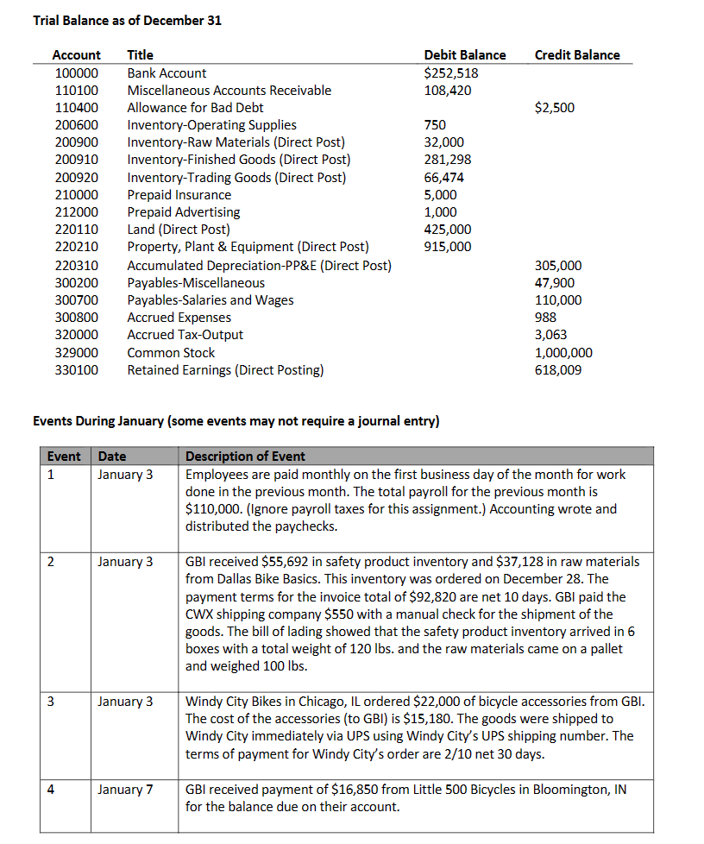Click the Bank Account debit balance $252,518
click(x=451, y=73)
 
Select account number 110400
click(x=77, y=108)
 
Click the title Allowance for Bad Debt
click(x=195, y=108)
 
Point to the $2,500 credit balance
click(x=554, y=108)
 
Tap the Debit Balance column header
click(x=465, y=55)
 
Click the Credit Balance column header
click(x=576, y=55)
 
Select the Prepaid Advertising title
click(x=184, y=212)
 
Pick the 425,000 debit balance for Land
click(x=448, y=230)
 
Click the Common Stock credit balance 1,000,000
click(x=563, y=353)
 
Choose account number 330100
click(x=77, y=370)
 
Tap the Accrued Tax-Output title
click(x=185, y=335)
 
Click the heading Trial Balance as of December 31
click(x=127, y=21)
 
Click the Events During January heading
click(x=236, y=422)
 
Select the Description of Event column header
click(x=245, y=457)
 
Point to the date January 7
click(x=125, y=790)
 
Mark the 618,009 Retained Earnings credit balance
click(x=558, y=370)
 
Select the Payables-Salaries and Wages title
click(x=210, y=300)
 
